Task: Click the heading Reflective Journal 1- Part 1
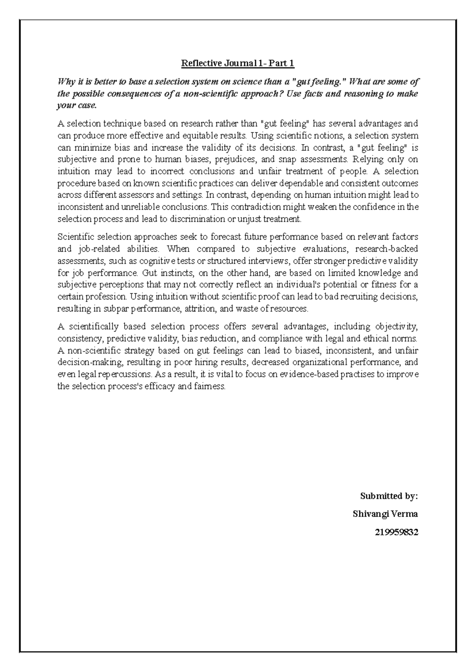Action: point(238,63)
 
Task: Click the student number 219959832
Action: point(396,532)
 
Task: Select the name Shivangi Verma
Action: point(385,514)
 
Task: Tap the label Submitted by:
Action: point(389,496)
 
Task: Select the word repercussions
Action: point(125,374)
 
